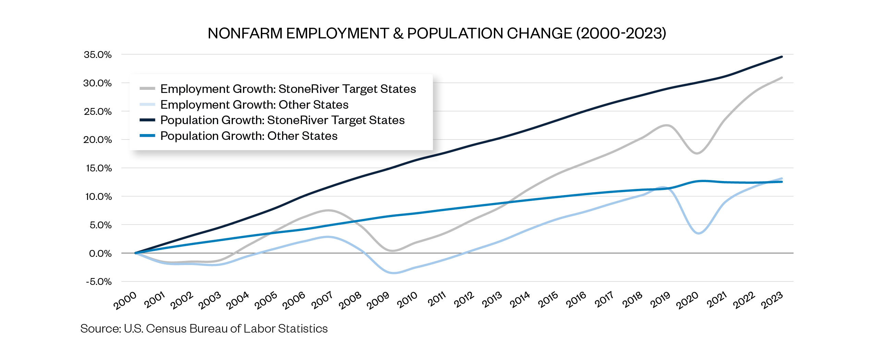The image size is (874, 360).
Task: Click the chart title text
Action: [437, 33]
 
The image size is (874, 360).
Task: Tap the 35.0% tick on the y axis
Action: [98, 55]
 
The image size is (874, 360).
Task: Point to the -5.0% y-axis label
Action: [99, 282]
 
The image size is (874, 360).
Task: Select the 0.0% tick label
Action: [100, 253]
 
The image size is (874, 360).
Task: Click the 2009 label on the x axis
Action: [378, 300]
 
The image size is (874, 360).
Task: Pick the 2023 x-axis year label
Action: [772, 300]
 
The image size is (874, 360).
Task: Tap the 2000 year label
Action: [125, 300]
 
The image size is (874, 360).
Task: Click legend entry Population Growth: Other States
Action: [249, 136]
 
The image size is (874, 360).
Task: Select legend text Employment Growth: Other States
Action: [254, 105]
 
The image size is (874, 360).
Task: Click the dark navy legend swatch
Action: [147, 120]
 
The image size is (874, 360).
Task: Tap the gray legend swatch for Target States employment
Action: [147, 89]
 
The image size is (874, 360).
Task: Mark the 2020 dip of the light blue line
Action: [699, 233]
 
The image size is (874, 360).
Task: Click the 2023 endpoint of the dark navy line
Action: [782, 57]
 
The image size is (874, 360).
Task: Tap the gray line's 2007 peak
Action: [328, 211]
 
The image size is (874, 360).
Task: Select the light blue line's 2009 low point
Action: [393, 273]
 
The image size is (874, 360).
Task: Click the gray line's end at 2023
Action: [782, 77]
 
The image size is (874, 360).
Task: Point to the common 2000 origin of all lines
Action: [136, 253]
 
